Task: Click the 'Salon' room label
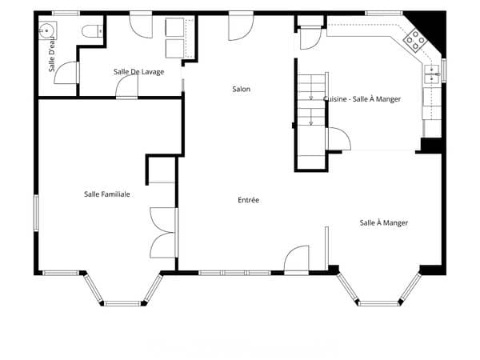coord(242,89)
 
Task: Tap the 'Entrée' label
coord(248,200)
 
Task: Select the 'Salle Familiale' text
coord(107,194)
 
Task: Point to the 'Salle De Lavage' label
coord(138,72)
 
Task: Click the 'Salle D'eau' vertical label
coord(52,54)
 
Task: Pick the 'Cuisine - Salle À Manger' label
coord(362,99)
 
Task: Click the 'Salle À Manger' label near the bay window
coord(383,223)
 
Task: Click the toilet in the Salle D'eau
coord(92,31)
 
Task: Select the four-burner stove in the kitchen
coord(415,40)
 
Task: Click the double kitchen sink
coord(432,74)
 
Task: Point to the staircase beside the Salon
coord(312,121)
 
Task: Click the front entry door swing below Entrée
coord(296,258)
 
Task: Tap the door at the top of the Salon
coord(241,26)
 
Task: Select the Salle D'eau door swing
coord(66,73)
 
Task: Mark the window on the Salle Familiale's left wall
coord(36,213)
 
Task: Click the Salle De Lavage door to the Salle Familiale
coord(126,87)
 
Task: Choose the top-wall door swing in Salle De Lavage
coord(141,26)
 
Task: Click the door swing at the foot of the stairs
coord(338,139)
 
